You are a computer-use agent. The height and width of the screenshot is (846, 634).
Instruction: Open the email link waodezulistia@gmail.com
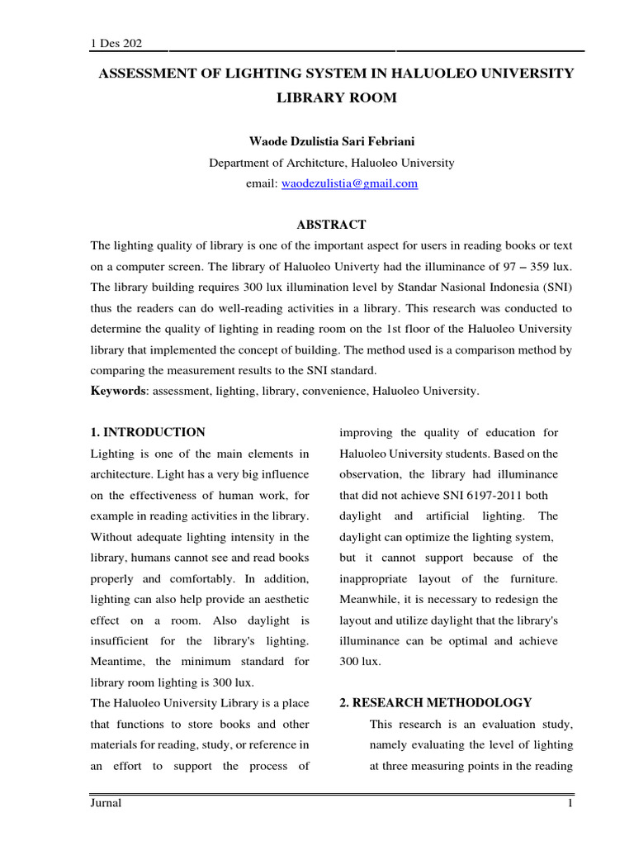[x=349, y=183]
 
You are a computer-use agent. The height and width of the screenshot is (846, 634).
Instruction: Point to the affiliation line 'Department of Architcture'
[x=331, y=163]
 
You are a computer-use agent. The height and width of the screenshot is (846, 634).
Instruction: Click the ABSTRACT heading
[x=331, y=225]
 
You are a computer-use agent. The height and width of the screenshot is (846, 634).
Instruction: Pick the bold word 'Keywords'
[x=116, y=391]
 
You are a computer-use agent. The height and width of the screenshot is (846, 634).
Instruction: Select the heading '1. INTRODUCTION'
[x=148, y=432]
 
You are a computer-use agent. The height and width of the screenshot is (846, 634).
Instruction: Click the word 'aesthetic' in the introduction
[x=283, y=599]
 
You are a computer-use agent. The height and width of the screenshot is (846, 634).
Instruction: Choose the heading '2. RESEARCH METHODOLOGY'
[x=436, y=703]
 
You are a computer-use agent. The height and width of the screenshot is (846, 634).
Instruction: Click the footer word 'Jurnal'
[x=106, y=804]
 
